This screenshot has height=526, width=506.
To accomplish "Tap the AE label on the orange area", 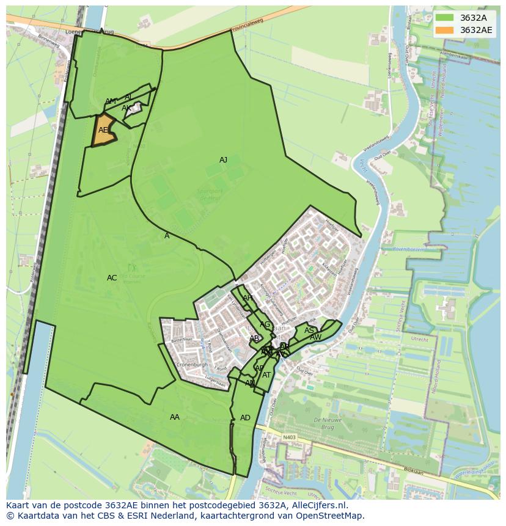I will pyautogui.click(x=103, y=130).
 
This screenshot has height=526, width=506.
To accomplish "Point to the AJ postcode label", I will pyautogui.click(x=223, y=160).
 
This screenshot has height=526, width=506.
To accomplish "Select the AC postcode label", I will pyautogui.click(x=112, y=278).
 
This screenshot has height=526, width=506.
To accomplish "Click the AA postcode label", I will pyautogui.click(x=175, y=417).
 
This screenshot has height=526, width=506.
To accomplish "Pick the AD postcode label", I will pyautogui.click(x=245, y=418).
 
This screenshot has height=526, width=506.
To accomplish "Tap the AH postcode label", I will pyautogui.click(x=248, y=298).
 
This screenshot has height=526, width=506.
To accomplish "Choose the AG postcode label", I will pyautogui.click(x=265, y=324).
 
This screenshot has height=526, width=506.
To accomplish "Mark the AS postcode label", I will pyautogui.click(x=309, y=331).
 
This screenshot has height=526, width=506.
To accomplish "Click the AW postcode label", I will pyautogui.click(x=315, y=337).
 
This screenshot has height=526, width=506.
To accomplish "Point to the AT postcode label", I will pyautogui.click(x=266, y=375).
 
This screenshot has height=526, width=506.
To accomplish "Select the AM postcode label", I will pyautogui.click(x=110, y=101).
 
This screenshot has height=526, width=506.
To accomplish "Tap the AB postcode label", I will pyautogui.click(x=254, y=338).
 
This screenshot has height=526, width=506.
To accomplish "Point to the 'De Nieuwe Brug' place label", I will pyautogui.click(x=326, y=423).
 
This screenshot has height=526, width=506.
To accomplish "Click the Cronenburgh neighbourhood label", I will pyautogui.click(x=193, y=365).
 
